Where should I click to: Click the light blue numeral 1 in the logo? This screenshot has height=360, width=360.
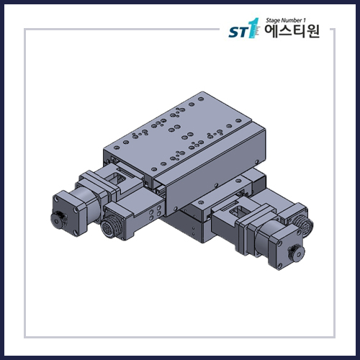click(x=252, y=29)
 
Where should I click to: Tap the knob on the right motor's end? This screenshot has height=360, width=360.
click(x=295, y=253)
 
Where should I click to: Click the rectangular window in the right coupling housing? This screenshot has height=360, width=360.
click(x=237, y=211)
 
